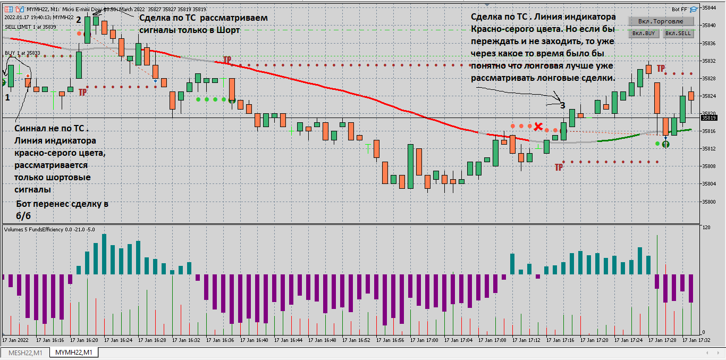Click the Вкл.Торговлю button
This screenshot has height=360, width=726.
[661, 21]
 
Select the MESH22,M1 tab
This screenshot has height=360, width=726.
[25, 353]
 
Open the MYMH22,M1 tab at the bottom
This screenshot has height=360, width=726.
[74, 353]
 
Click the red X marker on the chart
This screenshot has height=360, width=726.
[538, 127]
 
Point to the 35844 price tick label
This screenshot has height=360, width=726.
[709, 8]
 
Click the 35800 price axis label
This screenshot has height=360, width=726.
[709, 202]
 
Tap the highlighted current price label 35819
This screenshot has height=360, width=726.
[709, 118]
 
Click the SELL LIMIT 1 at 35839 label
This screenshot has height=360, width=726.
[30, 26]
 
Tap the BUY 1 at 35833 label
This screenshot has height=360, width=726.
[22, 53]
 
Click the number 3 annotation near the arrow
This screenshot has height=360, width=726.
[562, 105]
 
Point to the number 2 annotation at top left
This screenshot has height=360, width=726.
[78, 20]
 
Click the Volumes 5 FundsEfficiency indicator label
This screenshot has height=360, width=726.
[49, 229]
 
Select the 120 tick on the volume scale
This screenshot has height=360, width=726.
[706, 228]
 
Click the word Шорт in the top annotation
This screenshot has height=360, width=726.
[228, 30]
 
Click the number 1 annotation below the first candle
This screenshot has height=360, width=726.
[7, 98]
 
